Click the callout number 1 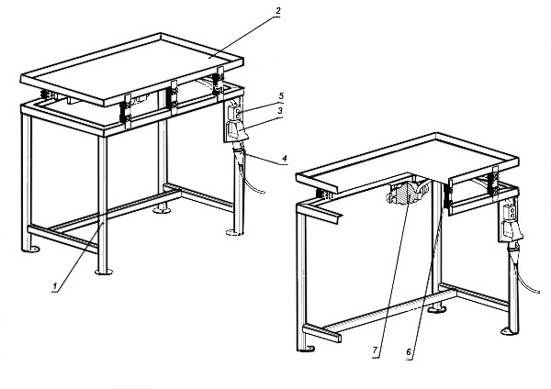point(56,286)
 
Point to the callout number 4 point(286,160)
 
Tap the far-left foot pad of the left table point(34,250)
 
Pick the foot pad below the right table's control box point(505,328)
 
